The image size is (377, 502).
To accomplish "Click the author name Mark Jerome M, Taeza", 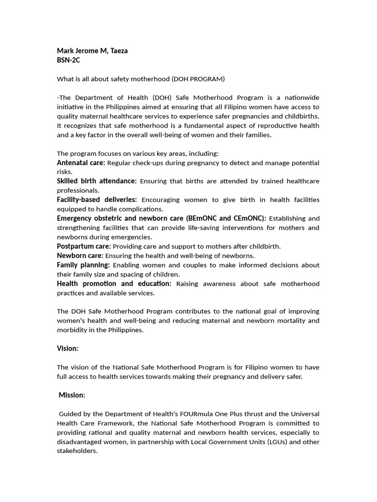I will coord(92,50).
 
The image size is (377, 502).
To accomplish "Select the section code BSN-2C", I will coord(68,60).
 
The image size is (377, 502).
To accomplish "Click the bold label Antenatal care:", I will coord(81,162).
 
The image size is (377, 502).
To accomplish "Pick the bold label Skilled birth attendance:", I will coord(97,181).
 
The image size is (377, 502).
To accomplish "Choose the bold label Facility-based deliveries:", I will coord(97,200).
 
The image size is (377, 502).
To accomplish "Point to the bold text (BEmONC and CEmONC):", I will coord(226,218).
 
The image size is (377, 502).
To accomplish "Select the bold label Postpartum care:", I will coord(84,246).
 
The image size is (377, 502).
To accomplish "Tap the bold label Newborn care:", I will coord(80,255).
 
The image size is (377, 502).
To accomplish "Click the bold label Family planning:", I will coord(83,265).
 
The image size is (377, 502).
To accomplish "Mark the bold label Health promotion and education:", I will coord(114,283).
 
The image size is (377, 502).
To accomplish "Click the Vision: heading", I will coord(68,348).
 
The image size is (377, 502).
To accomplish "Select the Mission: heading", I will coord(72,395).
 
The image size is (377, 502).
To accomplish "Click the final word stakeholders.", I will coord(77,451).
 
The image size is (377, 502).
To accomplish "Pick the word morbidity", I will coord(72,330).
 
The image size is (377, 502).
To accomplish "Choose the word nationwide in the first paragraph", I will coord(299,98).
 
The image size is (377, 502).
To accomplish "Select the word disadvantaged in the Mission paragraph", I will coord(81,442).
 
